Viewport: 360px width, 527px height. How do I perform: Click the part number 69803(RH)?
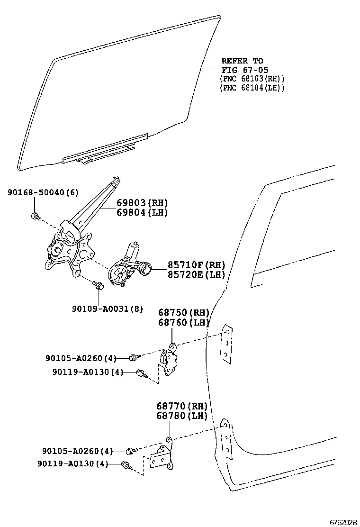[x=142, y=202]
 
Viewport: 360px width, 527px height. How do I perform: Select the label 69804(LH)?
[x=142, y=212]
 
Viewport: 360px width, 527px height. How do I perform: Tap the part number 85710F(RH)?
[x=195, y=265]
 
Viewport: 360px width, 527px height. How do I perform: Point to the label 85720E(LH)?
[x=195, y=274]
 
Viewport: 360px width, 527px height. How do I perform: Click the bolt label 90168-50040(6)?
[x=43, y=192]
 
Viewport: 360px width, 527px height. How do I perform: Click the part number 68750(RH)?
[x=183, y=313]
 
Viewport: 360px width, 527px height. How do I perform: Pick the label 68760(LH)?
[x=183, y=323]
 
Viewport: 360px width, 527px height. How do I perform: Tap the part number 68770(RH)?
[x=182, y=406]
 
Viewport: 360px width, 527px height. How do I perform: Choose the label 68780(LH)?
[x=182, y=416]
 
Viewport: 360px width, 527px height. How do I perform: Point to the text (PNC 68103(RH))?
[x=252, y=79]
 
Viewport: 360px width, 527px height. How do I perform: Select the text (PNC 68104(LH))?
[x=252, y=88]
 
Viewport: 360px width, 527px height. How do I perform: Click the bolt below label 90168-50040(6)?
[x=35, y=216]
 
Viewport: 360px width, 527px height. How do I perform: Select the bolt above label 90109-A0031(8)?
[x=99, y=285]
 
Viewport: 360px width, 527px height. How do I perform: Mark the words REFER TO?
[x=242, y=61]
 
